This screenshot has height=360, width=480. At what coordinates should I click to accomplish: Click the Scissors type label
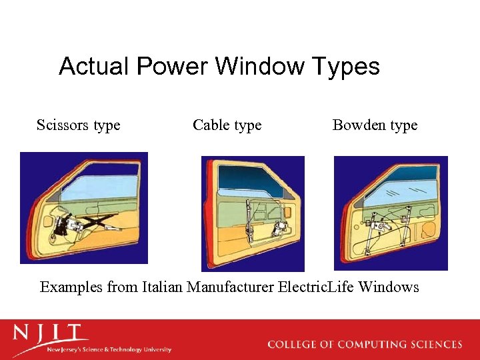point(79,125)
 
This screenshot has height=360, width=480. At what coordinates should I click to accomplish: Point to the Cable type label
point(227,125)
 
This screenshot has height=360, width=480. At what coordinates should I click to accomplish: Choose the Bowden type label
point(375,125)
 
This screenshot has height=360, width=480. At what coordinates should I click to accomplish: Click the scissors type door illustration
point(84,208)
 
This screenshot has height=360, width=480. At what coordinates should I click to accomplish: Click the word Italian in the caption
point(162,287)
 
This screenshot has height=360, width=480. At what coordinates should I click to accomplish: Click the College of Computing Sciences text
point(365,345)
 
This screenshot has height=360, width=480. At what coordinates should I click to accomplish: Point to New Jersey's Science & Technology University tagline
point(109,349)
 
